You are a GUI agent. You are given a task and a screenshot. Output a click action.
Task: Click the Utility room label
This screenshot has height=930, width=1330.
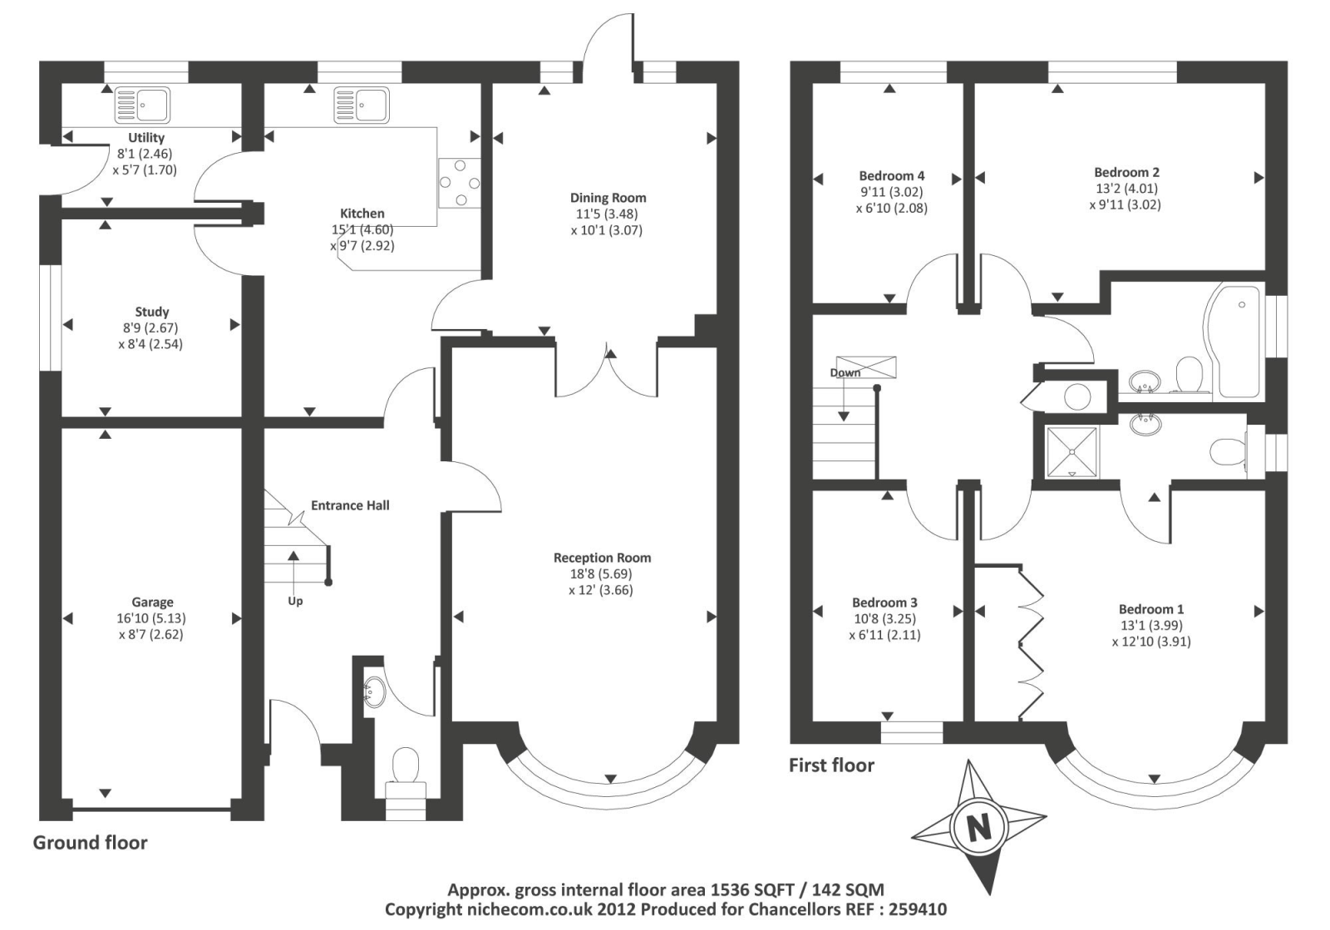click(146, 138)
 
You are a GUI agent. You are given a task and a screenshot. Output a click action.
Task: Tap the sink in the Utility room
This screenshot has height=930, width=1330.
click(142, 105)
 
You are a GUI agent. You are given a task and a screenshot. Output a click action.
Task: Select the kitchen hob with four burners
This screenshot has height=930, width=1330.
click(459, 183)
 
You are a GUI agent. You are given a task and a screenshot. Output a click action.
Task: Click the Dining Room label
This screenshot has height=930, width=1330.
click(608, 198)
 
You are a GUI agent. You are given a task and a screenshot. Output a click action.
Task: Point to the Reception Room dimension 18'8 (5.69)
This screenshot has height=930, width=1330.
click(602, 574)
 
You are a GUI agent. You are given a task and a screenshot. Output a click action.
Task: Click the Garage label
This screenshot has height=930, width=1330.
click(152, 603)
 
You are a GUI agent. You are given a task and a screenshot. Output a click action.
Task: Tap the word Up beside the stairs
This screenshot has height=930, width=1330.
click(295, 601)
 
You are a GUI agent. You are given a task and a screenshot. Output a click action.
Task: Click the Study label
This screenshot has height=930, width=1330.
click(152, 312)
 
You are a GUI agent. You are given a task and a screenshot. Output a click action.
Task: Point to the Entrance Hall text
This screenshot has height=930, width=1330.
click(350, 505)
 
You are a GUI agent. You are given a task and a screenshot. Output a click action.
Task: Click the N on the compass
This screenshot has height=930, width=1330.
click(979, 829)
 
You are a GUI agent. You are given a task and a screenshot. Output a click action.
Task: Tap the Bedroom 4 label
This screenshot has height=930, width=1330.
click(891, 176)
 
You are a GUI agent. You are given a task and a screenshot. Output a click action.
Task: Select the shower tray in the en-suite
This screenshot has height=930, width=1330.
click(1072, 451)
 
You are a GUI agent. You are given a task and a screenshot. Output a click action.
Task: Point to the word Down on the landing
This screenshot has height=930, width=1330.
click(845, 372)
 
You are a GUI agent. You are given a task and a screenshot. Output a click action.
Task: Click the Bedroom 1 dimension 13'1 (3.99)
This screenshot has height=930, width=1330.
click(1150, 626)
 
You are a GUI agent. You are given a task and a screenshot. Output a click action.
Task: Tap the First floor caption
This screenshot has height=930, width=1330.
click(831, 765)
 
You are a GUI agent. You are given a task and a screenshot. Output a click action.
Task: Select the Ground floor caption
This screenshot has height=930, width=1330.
click(90, 843)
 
